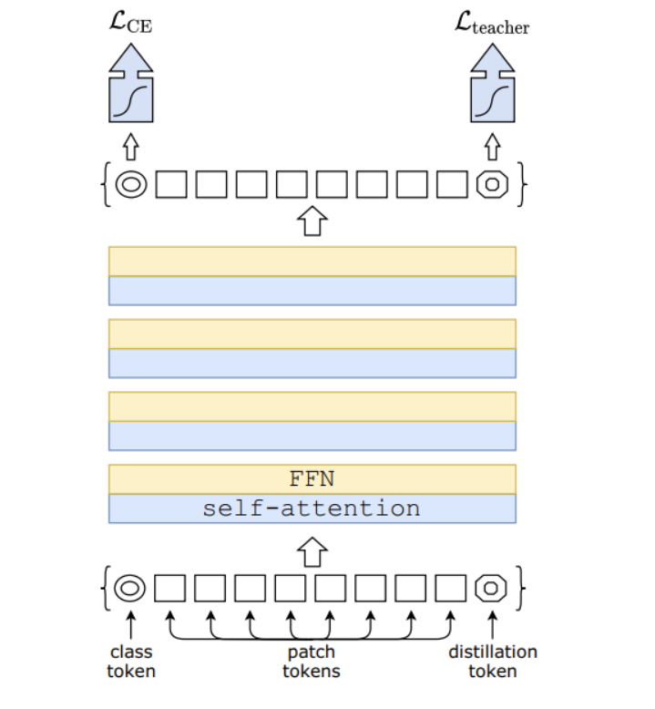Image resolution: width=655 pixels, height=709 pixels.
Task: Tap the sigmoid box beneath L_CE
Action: [x=130, y=99]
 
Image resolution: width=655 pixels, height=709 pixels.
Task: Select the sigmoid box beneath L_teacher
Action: [x=492, y=99]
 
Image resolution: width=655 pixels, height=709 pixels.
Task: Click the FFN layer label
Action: [x=312, y=479]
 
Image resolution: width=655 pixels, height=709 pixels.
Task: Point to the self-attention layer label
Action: [x=312, y=509]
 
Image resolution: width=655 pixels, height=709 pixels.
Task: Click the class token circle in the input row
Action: [x=130, y=588]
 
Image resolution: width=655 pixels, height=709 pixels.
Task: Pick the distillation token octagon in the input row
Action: [x=492, y=588]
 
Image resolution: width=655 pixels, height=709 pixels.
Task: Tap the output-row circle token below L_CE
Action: [x=130, y=184]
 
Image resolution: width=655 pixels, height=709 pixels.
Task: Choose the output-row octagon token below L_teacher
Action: [x=492, y=184]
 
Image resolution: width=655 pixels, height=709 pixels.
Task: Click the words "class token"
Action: [x=131, y=661]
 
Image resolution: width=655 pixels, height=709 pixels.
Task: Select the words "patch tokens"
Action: [x=312, y=661]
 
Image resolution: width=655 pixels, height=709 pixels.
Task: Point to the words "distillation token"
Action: [x=492, y=661]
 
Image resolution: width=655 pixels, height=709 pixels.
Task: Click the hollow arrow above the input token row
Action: [x=312, y=551]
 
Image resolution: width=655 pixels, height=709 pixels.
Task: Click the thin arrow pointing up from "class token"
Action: [x=130, y=624]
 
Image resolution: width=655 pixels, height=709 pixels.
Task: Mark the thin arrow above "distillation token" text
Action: [x=492, y=624]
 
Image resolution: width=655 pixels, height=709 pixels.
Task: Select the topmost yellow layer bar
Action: [x=312, y=261]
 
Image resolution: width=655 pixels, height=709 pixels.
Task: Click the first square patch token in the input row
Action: [x=169, y=588]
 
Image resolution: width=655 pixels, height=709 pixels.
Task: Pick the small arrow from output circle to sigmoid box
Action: [x=130, y=146]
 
